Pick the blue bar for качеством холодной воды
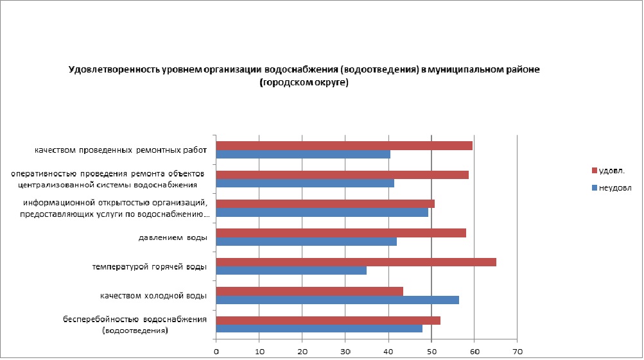[x=337, y=300]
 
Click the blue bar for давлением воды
[x=306, y=241]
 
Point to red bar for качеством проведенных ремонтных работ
[x=344, y=146]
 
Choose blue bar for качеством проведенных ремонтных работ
[x=303, y=154]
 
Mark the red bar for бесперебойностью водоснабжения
[x=328, y=320]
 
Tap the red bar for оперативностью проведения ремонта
[x=342, y=175]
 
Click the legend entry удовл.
[x=611, y=171]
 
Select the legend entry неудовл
[x=614, y=188]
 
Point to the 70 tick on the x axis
[x=517, y=351]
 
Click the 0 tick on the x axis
[x=216, y=351]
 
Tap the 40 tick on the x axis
[x=388, y=351]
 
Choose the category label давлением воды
[x=173, y=238]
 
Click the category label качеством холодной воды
[x=153, y=296]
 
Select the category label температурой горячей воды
[x=149, y=267]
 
